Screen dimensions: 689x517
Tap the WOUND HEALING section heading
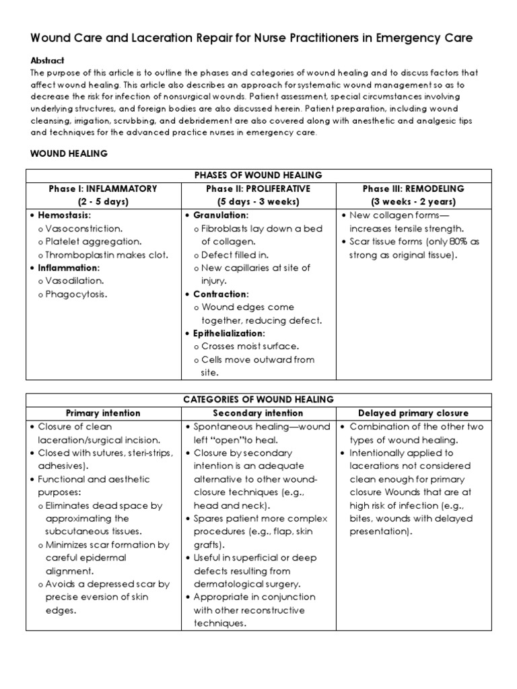[69, 153]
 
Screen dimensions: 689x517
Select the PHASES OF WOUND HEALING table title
[258, 175]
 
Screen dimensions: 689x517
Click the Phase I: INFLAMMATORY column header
[103, 188]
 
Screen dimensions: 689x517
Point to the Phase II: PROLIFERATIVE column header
[258, 188]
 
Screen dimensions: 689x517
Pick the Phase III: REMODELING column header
[413, 188]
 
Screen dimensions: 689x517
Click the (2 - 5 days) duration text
[103, 202]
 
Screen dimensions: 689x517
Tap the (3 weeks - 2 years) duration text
[413, 202]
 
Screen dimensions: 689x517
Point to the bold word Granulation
[221, 215]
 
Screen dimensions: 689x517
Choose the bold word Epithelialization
[230, 333]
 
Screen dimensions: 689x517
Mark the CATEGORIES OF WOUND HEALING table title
[258, 400]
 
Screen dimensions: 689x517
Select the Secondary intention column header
[258, 413]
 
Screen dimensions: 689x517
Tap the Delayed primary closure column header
[413, 413]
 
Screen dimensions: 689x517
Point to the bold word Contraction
[221, 294]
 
